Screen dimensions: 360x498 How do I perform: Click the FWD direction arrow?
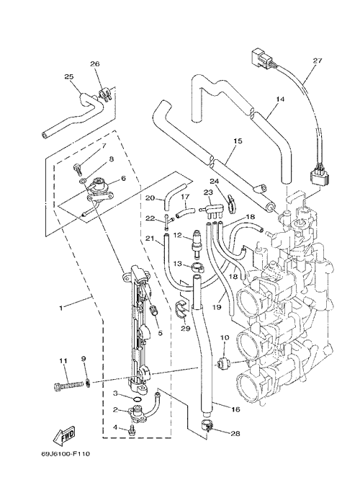tap(64, 435)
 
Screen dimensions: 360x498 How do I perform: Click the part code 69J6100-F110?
tap(66, 454)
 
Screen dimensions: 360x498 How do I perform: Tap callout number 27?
tap(317, 61)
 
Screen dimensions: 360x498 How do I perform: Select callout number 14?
tap(280, 99)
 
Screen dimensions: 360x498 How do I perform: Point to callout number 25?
tap(69, 76)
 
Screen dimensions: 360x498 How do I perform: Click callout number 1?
tap(61, 308)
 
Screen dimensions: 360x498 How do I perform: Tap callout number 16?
tap(235, 409)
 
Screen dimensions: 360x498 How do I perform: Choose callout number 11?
tap(63, 360)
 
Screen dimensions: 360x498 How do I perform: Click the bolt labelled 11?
tap(68, 386)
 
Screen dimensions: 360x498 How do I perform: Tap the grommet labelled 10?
tap(221, 363)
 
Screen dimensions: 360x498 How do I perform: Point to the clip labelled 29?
tap(181, 309)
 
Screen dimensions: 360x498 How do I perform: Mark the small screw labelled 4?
tap(130, 430)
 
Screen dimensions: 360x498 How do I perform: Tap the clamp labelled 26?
tap(104, 94)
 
